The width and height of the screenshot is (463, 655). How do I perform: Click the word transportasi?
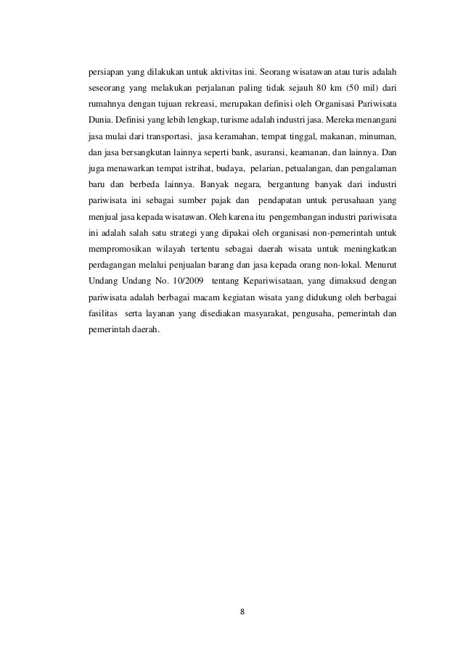coord(164,136)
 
